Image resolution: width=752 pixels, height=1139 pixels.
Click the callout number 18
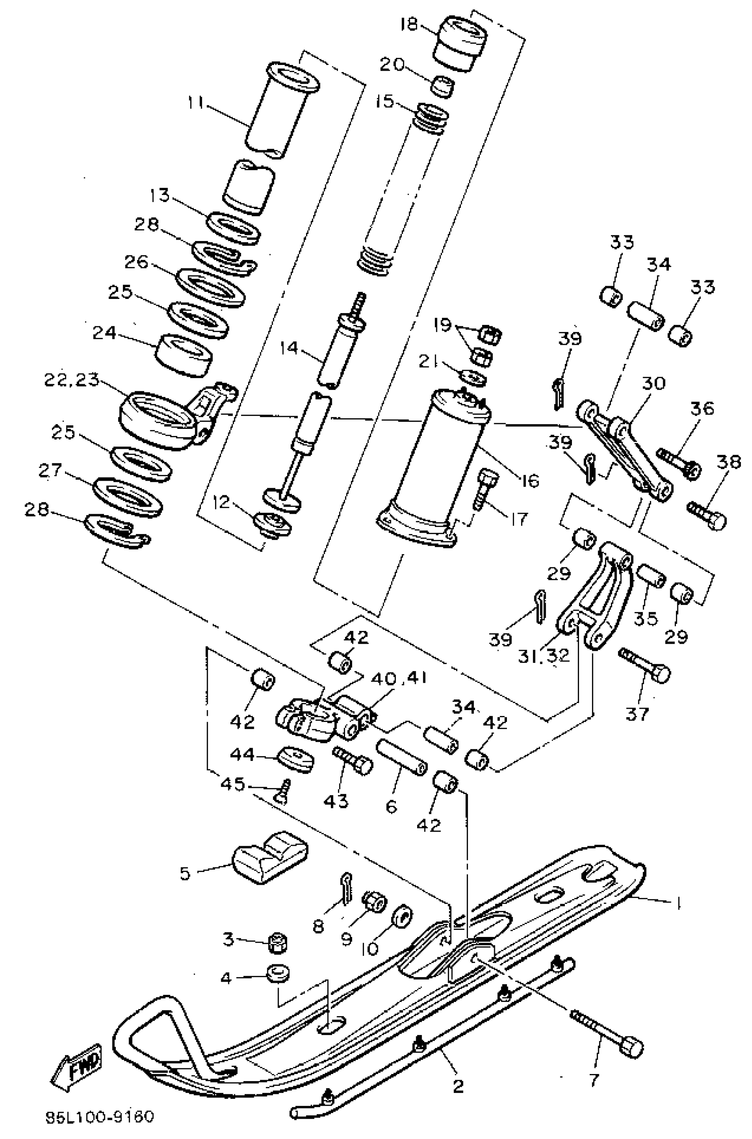(x=410, y=24)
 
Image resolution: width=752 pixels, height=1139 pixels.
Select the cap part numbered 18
(x=460, y=43)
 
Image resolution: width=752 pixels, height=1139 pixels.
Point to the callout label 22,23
(x=72, y=380)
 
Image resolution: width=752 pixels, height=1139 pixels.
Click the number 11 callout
(x=196, y=103)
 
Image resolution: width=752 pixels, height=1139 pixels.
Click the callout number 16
(x=530, y=480)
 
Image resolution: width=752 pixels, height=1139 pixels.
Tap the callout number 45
(x=233, y=784)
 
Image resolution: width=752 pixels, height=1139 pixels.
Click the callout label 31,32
(x=544, y=655)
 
